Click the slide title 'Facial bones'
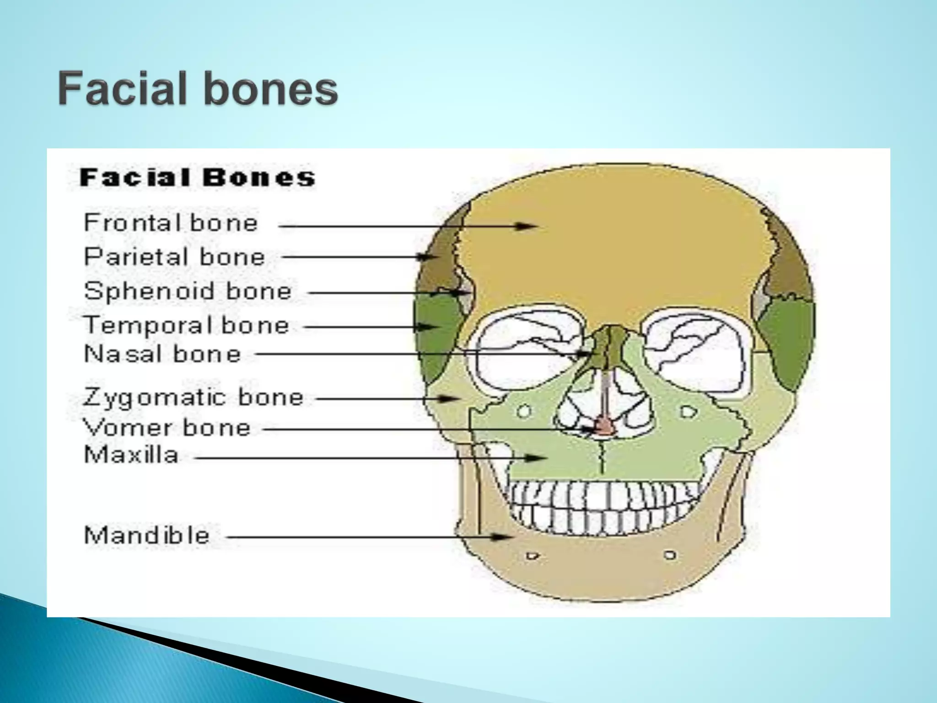(198, 89)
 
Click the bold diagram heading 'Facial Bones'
(198, 178)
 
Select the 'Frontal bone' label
(171, 223)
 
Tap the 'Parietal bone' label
(174, 257)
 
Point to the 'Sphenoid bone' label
(188, 291)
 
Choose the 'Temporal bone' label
(186, 325)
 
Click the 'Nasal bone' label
(162, 354)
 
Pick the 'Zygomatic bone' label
(193, 397)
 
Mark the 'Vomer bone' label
(167, 428)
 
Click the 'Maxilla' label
(131, 455)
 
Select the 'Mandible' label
(147, 535)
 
